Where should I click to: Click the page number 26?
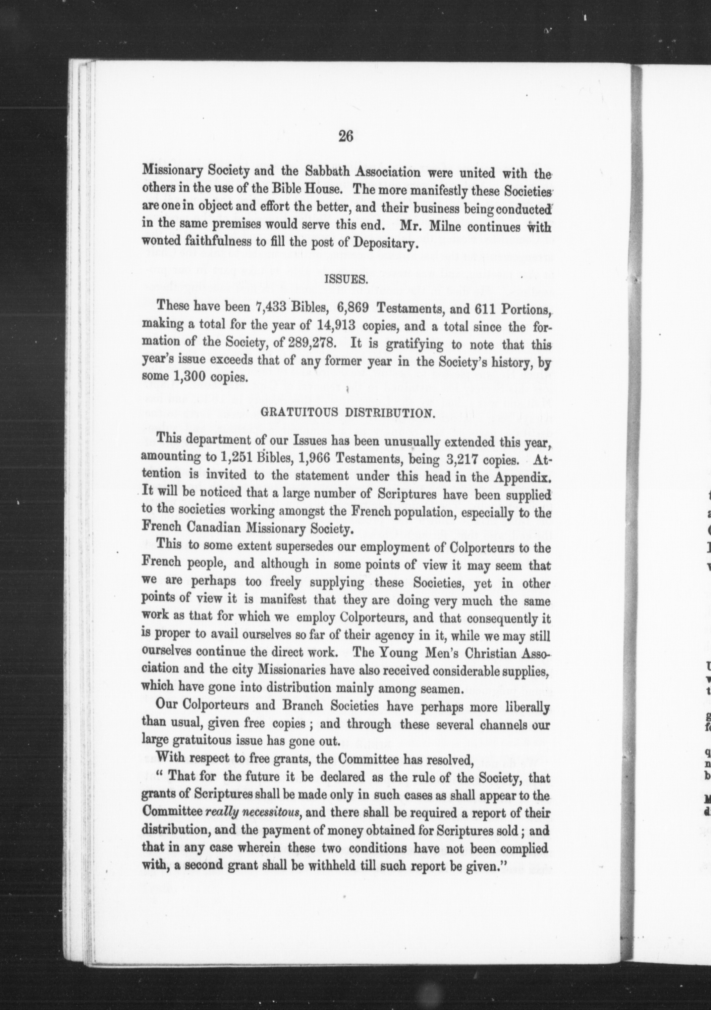click(346, 136)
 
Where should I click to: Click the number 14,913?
click(336, 326)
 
